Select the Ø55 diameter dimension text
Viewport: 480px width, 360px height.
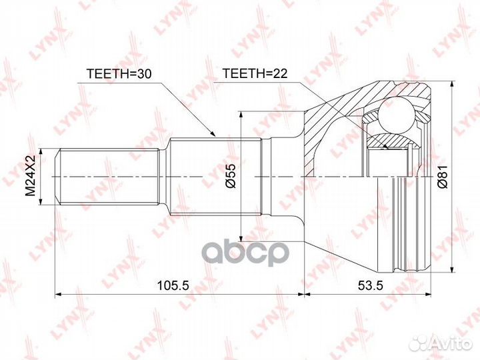coord(229,175)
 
